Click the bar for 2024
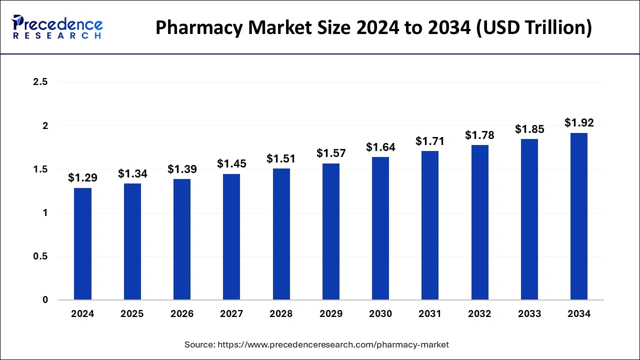(x=82, y=244)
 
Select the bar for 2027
(x=231, y=237)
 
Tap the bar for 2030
(x=380, y=228)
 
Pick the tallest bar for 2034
(x=579, y=216)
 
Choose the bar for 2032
(x=480, y=222)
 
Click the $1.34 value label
(x=132, y=173)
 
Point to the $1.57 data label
(x=331, y=153)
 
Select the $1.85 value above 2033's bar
(x=529, y=128)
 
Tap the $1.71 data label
(x=430, y=141)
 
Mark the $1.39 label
(x=182, y=169)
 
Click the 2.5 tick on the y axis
(x=40, y=82)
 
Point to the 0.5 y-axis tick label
(x=40, y=256)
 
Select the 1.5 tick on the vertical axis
(x=40, y=169)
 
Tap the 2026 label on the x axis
(x=182, y=314)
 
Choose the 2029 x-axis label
(x=331, y=314)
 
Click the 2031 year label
(x=430, y=314)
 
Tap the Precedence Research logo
(x=57, y=27)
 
